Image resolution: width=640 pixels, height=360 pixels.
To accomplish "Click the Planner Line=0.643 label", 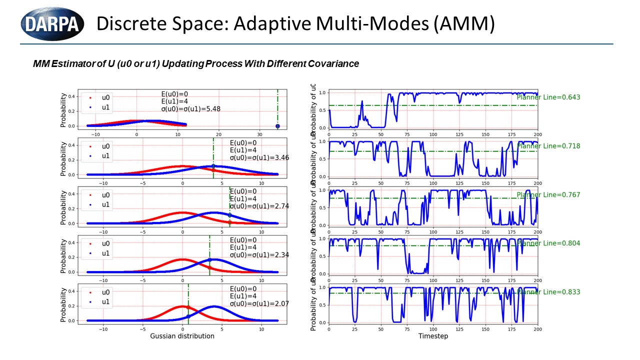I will [548, 97].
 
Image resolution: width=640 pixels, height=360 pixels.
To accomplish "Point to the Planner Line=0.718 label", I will [548, 146].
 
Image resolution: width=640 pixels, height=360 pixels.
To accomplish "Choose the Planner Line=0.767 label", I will [548, 195].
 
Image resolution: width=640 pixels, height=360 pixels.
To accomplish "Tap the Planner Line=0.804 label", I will [548, 243].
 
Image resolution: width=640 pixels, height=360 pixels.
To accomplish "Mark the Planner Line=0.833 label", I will [548, 292].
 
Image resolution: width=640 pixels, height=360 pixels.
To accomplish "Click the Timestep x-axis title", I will [433, 336].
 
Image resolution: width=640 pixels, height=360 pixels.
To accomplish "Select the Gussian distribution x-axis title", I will [182, 336].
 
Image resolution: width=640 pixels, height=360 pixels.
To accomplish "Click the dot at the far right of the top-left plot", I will [277, 126].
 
